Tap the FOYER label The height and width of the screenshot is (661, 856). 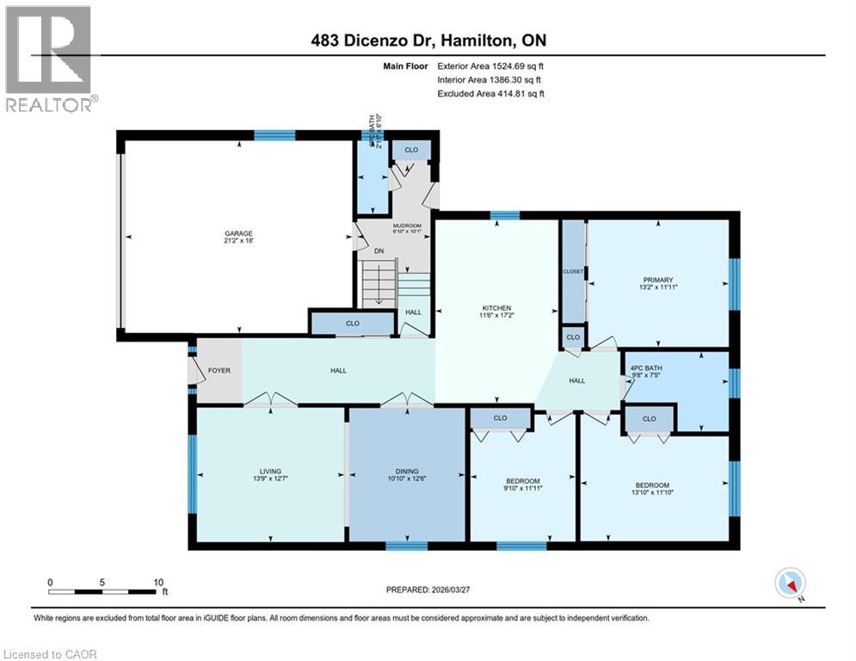pyautogui.click(x=219, y=371)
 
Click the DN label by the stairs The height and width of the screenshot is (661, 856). pyautogui.click(x=379, y=251)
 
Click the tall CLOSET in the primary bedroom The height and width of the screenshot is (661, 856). pyautogui.click(x=573, y=272)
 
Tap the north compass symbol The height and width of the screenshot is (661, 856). pyautogui.click(x=789, y=584)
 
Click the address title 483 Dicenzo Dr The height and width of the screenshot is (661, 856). pyautogui.click(x=428, y=40)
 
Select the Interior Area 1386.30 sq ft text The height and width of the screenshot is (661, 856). pyautogui.click(x=490, y=79)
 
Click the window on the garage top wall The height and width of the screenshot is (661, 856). pyautogui.click(x=274, y=134)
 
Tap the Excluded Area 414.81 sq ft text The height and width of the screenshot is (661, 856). pyautogui.click(x=490, y=93)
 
